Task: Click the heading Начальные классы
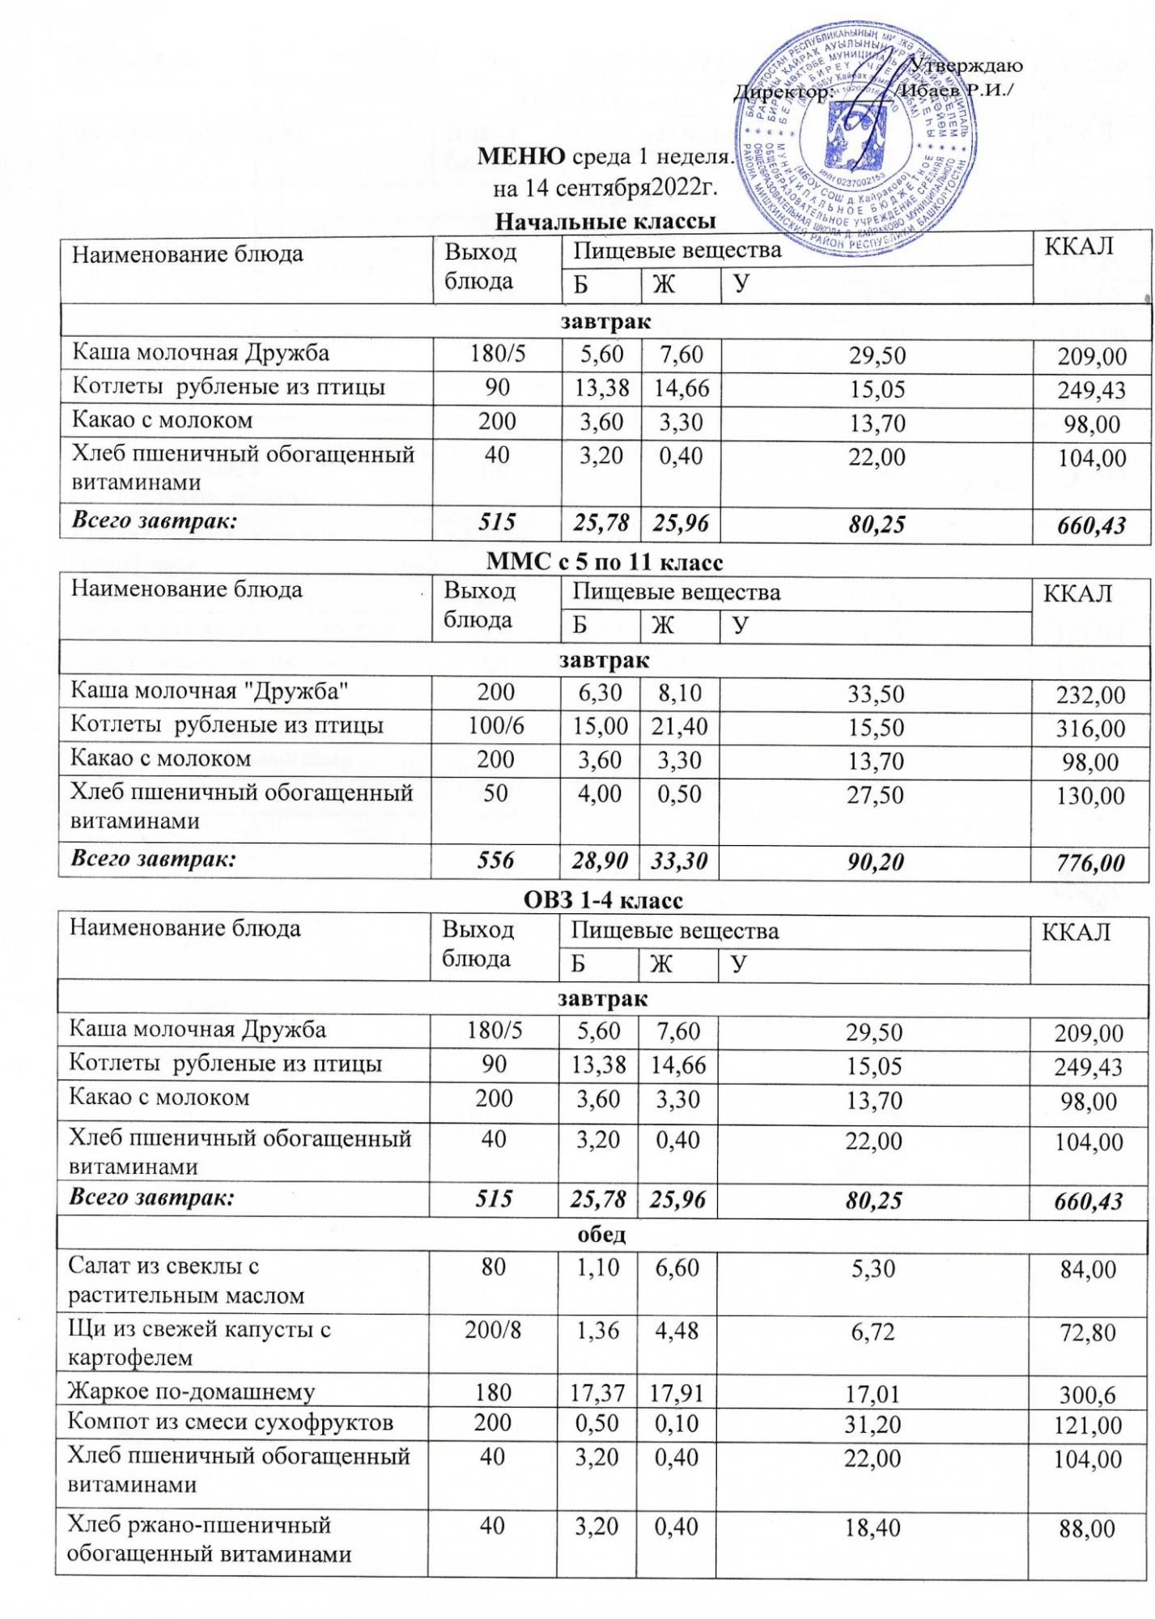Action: click(x=605, y=221)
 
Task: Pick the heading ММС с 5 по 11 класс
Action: click(x=605, y=561)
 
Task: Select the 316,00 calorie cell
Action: click(x=1090, y=729)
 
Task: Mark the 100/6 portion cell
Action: click(x=496, y=726)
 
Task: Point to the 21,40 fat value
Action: click(x=679, y=727)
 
